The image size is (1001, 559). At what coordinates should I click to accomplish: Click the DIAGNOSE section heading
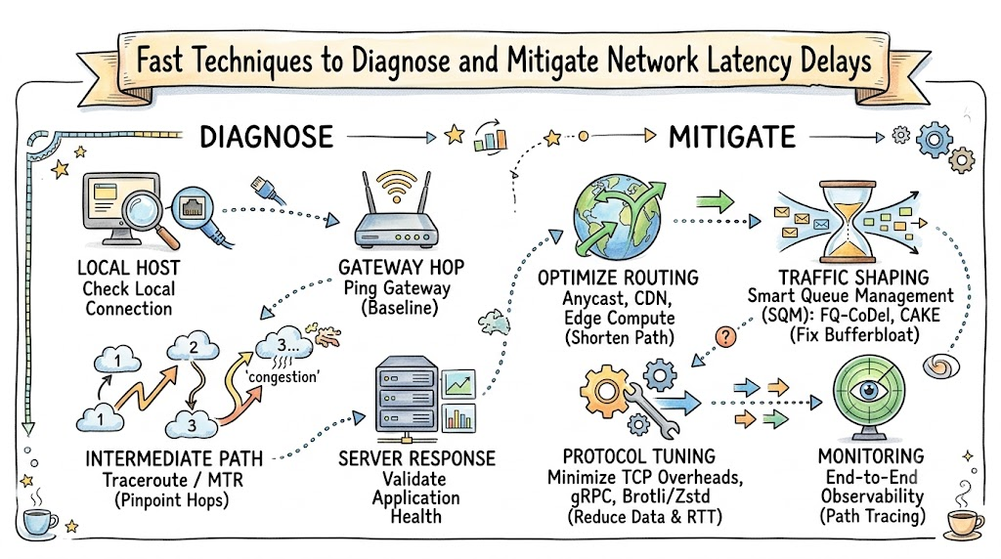coord(266,137)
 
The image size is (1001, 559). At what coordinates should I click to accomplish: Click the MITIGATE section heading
coord(731,137)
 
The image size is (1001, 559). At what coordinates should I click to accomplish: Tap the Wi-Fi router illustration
coord(397,209)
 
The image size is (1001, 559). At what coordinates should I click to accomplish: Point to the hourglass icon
coord(849,222)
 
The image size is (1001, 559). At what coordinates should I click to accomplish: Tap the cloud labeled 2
coord(193,347)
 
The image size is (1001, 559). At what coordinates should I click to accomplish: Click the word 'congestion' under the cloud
coord(283,376)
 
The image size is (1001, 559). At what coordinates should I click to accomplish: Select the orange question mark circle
coord(725,336)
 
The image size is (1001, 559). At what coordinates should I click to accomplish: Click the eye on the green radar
coord(869,389)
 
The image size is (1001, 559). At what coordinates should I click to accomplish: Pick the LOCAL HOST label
coord(128,268)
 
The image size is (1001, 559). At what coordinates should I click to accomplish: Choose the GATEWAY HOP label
coord(401,267)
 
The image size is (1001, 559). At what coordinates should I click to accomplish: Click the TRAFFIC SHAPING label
coord(853,278)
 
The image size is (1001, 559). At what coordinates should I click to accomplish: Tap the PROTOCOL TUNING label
coord(639,456)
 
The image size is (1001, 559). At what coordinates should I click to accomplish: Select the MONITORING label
coord(871,456)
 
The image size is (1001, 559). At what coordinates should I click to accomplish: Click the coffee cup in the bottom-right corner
coord(963,524)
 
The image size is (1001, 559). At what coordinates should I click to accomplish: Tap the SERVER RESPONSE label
coord(416,458)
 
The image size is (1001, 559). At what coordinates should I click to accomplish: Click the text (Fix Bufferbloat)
coord(854,334)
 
